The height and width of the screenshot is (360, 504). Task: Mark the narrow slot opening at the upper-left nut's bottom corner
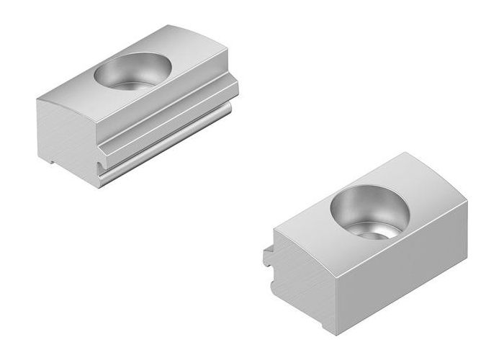point(99,169)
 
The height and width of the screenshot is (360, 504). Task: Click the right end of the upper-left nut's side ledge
point(235,86)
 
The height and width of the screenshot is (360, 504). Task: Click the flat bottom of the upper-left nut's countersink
point(137,81)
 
